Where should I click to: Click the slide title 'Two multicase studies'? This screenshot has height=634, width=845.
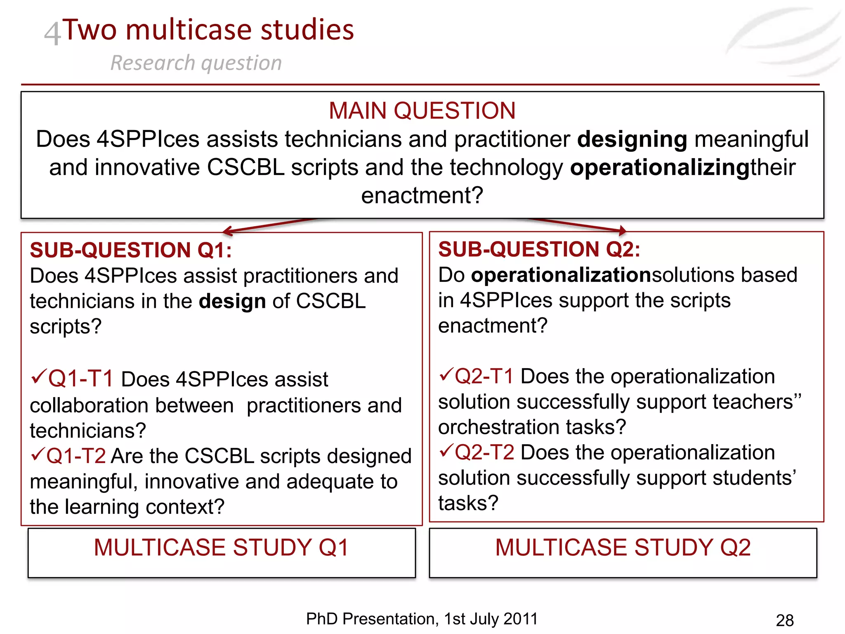pos(208,30)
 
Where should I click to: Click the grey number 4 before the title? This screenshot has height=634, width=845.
pos(52,34)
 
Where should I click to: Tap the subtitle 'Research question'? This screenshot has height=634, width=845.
pos(196,63)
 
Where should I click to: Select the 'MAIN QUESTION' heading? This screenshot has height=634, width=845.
pos(422,111)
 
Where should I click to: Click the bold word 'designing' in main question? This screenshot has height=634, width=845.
pos(632,139)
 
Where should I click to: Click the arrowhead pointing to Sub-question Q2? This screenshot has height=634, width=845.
pos(622,230)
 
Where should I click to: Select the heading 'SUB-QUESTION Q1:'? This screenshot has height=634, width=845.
pos(131,250)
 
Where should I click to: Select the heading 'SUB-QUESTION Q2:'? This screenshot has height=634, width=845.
pos(539,249)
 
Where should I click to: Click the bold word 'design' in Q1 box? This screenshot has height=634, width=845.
pos(232,301)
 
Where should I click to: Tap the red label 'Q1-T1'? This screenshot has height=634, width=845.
pos(80,379)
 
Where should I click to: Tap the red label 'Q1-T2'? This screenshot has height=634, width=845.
pos(76,456)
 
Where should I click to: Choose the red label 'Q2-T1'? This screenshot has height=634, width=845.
pos(484,376)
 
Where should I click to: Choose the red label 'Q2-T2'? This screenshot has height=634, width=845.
pos(484,452)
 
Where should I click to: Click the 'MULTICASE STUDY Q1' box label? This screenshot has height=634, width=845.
pos(221,548)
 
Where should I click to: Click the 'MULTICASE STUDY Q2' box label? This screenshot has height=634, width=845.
pos(623,548)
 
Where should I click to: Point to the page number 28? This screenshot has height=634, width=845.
pos(784,620)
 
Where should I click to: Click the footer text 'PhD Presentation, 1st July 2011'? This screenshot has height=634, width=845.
pos(422,619)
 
